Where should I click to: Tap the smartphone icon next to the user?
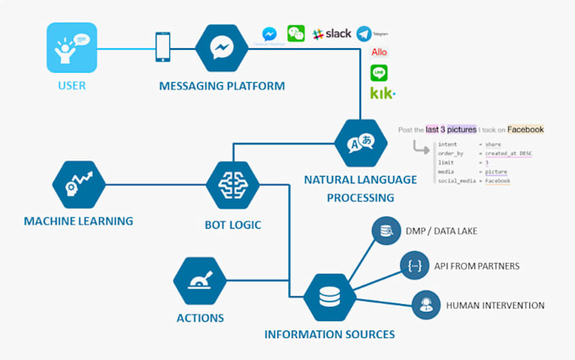(162, 47)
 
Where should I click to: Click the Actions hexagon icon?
(200, 282)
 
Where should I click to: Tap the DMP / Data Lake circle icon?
(387, 232)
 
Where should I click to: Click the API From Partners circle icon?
(414, 265)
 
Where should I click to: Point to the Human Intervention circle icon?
(424, 304)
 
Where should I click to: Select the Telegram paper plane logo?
(364, 34)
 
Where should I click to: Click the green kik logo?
(383, 92)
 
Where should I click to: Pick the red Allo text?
(380, 52)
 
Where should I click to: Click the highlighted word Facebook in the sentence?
(525, 129)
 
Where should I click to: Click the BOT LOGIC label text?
(233, 225)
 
